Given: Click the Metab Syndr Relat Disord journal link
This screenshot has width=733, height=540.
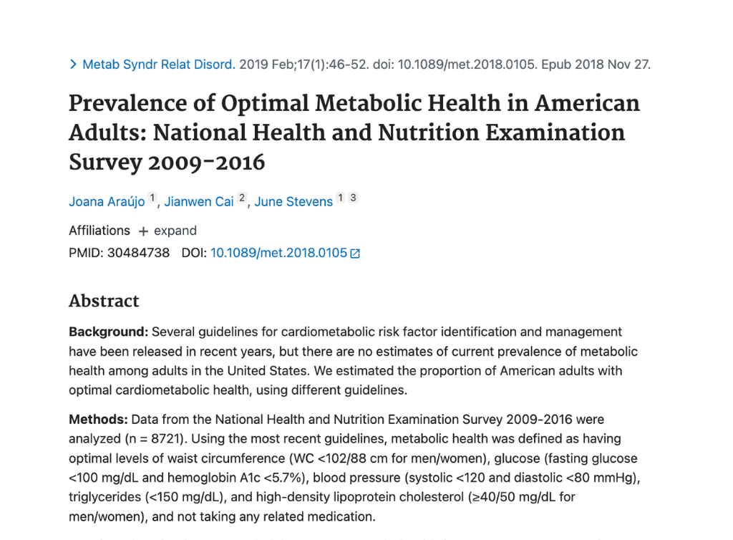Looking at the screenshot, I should [x=158, y=64].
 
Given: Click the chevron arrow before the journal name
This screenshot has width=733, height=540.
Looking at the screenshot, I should [x=73, y=64].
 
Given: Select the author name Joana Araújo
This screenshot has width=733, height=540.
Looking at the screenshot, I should [x=106, y=201].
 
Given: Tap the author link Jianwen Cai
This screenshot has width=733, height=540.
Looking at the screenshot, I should [x=199, y=201].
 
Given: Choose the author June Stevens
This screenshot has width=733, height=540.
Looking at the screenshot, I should [x=293, y=201].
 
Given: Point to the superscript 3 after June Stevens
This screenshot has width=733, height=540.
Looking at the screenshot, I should [x=353, y=198].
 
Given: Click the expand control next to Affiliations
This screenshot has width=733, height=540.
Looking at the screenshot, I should [x=168, y=231].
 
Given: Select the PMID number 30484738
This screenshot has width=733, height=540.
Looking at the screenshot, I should [x=138, y=253].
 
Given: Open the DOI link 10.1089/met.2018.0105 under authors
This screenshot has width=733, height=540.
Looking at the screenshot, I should [x=278, y=253].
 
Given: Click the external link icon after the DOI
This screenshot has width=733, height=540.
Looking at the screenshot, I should [x=355, y=254].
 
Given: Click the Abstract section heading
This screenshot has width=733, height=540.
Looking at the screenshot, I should [x=104, y=301].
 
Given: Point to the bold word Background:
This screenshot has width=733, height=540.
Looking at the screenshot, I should [x=108, y=332].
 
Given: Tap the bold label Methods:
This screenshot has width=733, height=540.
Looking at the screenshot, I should [x=98, y=419].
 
